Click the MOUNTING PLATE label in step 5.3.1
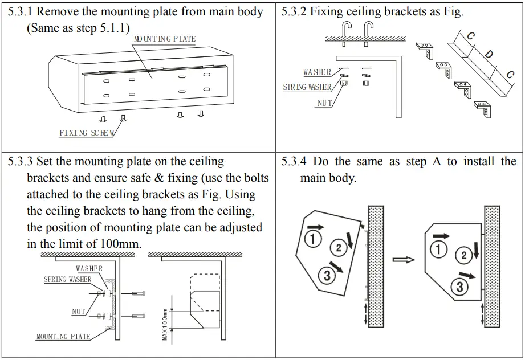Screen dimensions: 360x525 point(164,39)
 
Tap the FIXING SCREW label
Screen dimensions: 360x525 point(87,133)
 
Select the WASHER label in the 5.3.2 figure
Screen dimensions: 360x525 point(317,72)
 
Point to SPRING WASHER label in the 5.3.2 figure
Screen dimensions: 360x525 point(307,87)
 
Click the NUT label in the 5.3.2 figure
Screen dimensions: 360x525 point(324,103)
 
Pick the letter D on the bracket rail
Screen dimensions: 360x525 point(489,55)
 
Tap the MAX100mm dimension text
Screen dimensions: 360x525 point(165,325)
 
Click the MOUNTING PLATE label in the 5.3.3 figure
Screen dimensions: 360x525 point(63,337)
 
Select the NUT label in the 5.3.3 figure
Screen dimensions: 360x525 point(79,312)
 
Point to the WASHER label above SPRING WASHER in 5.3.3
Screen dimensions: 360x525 point(89,268)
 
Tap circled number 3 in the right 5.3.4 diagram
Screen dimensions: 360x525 point(460,286)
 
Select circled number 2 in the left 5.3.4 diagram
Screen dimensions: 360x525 point(339,247)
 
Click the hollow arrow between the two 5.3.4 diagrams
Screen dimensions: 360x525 point(403,259)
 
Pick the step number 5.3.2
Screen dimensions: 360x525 point(294,12)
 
